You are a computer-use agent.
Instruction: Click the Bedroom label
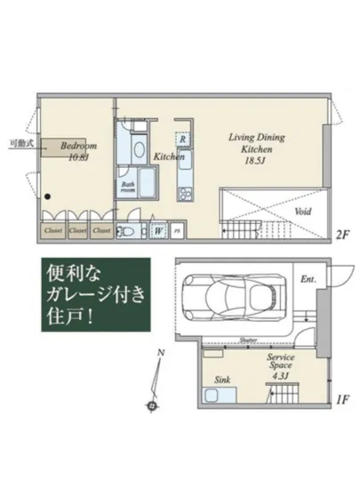(79, 144)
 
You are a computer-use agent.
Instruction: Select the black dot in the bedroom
(48, 198)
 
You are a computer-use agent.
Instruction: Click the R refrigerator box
(182, 140)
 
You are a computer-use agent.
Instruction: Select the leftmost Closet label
(52, 230)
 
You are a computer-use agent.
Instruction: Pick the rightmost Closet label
(100, 230)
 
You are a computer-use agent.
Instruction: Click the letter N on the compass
(160, 354)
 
